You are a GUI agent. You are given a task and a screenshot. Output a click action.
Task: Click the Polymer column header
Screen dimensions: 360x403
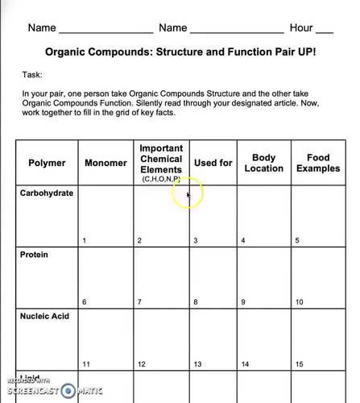47,163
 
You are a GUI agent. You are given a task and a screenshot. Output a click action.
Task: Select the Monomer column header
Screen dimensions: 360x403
106,163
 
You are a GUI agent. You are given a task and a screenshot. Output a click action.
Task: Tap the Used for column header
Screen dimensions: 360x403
213,163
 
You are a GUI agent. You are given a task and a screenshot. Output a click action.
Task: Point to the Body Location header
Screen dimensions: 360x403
263,163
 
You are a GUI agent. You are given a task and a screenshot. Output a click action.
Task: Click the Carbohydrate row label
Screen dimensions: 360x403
46,193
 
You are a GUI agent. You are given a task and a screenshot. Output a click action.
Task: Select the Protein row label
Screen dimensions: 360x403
34,255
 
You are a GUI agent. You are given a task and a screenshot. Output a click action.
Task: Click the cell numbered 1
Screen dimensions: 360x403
106,215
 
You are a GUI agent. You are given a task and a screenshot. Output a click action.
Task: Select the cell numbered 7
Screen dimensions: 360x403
161,276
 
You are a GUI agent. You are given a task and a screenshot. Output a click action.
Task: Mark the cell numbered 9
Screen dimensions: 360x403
263,276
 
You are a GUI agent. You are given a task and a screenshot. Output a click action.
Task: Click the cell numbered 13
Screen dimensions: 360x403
213,338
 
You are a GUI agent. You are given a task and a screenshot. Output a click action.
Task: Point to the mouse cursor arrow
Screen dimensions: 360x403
188,194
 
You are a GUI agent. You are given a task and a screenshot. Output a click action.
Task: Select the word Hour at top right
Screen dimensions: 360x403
301,27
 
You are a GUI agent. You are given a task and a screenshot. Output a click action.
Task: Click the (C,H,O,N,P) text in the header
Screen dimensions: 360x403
161,178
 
